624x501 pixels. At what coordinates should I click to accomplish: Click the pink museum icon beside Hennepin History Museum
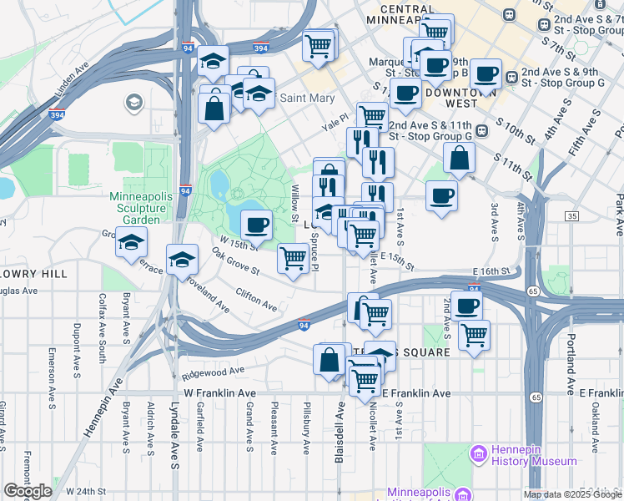point(478,454)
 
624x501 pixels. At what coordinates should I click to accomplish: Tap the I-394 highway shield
point(261,49)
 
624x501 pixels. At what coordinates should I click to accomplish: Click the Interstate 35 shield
point(571,216)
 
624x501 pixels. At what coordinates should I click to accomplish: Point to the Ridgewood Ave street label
point(214,370)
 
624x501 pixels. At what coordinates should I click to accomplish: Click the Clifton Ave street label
point(256,300)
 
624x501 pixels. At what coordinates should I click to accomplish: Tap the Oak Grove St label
point(234,261)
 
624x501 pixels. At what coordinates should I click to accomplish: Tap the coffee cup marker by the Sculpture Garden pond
point(257,224)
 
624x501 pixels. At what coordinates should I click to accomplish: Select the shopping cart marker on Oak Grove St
point(293,258)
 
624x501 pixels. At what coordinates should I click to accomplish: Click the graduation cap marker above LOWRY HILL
point(132,243)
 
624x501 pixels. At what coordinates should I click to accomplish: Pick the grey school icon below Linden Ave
point(132,102)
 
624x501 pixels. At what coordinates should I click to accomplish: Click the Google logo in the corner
point(28,491)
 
